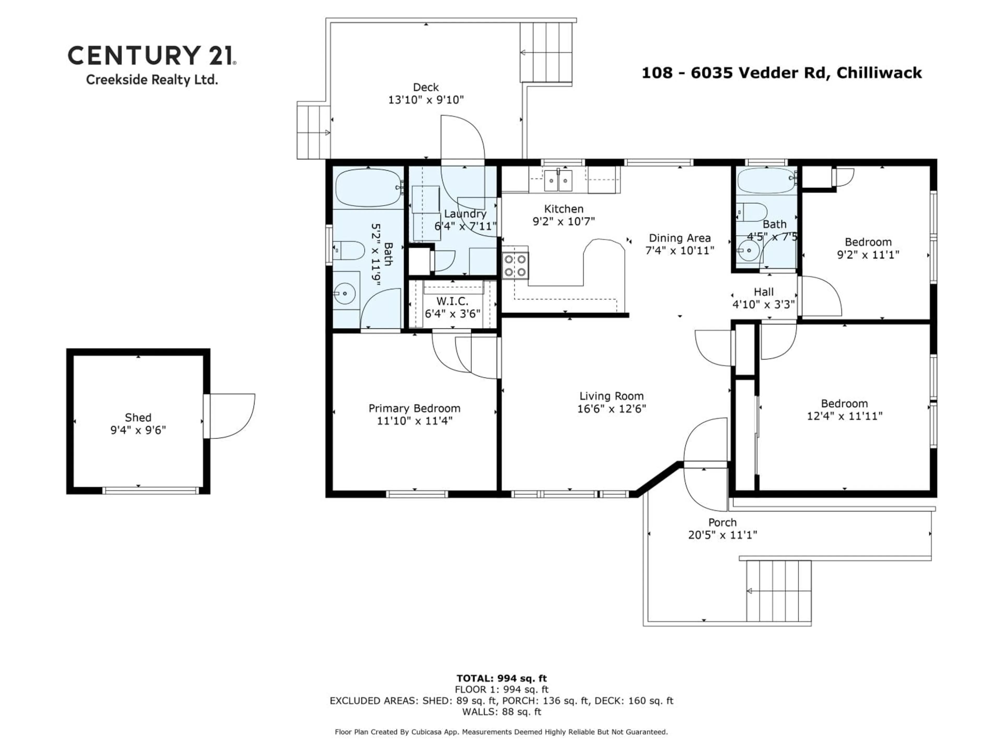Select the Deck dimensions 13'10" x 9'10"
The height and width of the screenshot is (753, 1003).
[x=426, y=100]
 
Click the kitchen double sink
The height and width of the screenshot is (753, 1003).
[x=558, y=181]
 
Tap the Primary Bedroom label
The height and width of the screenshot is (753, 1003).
[x=414, y=408]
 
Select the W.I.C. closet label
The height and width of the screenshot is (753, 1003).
[x=452, y=301]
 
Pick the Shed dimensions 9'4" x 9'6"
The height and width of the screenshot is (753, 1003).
[x=138, y=430]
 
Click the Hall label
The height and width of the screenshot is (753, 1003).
[x=763, y=292]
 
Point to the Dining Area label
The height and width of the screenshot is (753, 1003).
[x=679, y=238]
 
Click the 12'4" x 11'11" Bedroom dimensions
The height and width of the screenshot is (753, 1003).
[x=844, y=416]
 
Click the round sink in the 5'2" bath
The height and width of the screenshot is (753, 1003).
[x=346, y=293]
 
